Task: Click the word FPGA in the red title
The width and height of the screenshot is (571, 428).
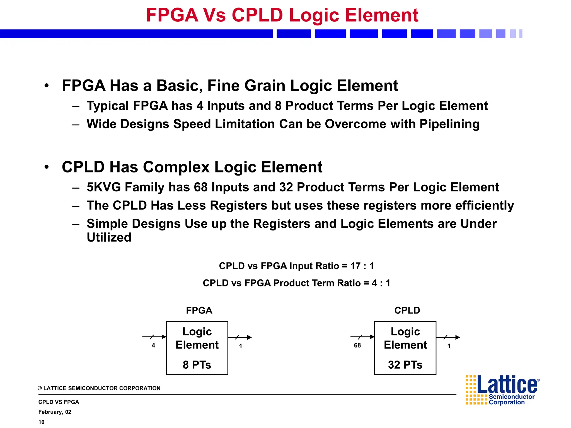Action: coord(172,15)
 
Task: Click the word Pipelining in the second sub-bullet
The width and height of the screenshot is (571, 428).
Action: coord(449,124)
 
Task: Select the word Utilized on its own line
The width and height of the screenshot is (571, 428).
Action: coord(109,237)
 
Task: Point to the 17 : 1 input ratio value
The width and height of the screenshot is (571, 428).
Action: coord(362,266)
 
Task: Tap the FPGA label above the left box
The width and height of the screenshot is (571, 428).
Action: coord(199,310)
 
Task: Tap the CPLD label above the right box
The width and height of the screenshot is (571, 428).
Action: coord(407,310)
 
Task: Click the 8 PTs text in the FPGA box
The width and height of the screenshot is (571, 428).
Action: coord(197,365)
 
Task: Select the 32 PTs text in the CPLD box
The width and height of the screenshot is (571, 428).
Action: coord(405,365)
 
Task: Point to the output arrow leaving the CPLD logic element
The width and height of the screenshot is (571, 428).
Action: coord(448,337)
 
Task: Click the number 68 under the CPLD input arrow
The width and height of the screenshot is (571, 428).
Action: coord(357,346)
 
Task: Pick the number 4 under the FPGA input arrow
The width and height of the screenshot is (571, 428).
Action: coord(153,346)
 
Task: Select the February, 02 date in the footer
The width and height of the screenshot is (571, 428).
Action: coord(55,412)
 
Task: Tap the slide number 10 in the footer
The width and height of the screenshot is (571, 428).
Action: coord(41,422)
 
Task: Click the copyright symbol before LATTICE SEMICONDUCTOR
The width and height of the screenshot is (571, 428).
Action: coord(40,388)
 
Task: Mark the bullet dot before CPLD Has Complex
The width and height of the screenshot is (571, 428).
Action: coord(47,167)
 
